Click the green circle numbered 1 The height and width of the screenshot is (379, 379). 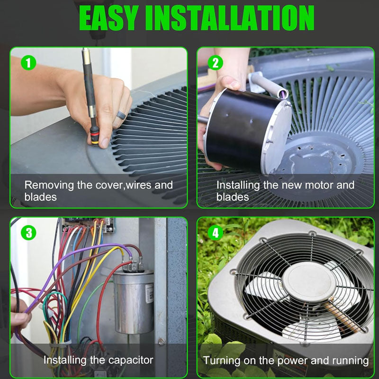28,63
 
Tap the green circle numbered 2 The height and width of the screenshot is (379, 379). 216,63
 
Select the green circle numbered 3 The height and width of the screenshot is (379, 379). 28,233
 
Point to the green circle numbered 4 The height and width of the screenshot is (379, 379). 216,233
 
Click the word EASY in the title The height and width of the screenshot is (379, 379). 109,18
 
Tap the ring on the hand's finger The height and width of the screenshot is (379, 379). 121,115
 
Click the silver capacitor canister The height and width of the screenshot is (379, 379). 134,302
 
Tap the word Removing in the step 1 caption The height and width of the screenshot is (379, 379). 49,185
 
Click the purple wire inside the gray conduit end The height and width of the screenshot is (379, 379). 282,93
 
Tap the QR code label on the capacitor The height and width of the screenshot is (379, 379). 150,294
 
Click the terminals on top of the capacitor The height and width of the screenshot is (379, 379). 133,266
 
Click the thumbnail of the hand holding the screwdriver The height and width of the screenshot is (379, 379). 99,127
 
